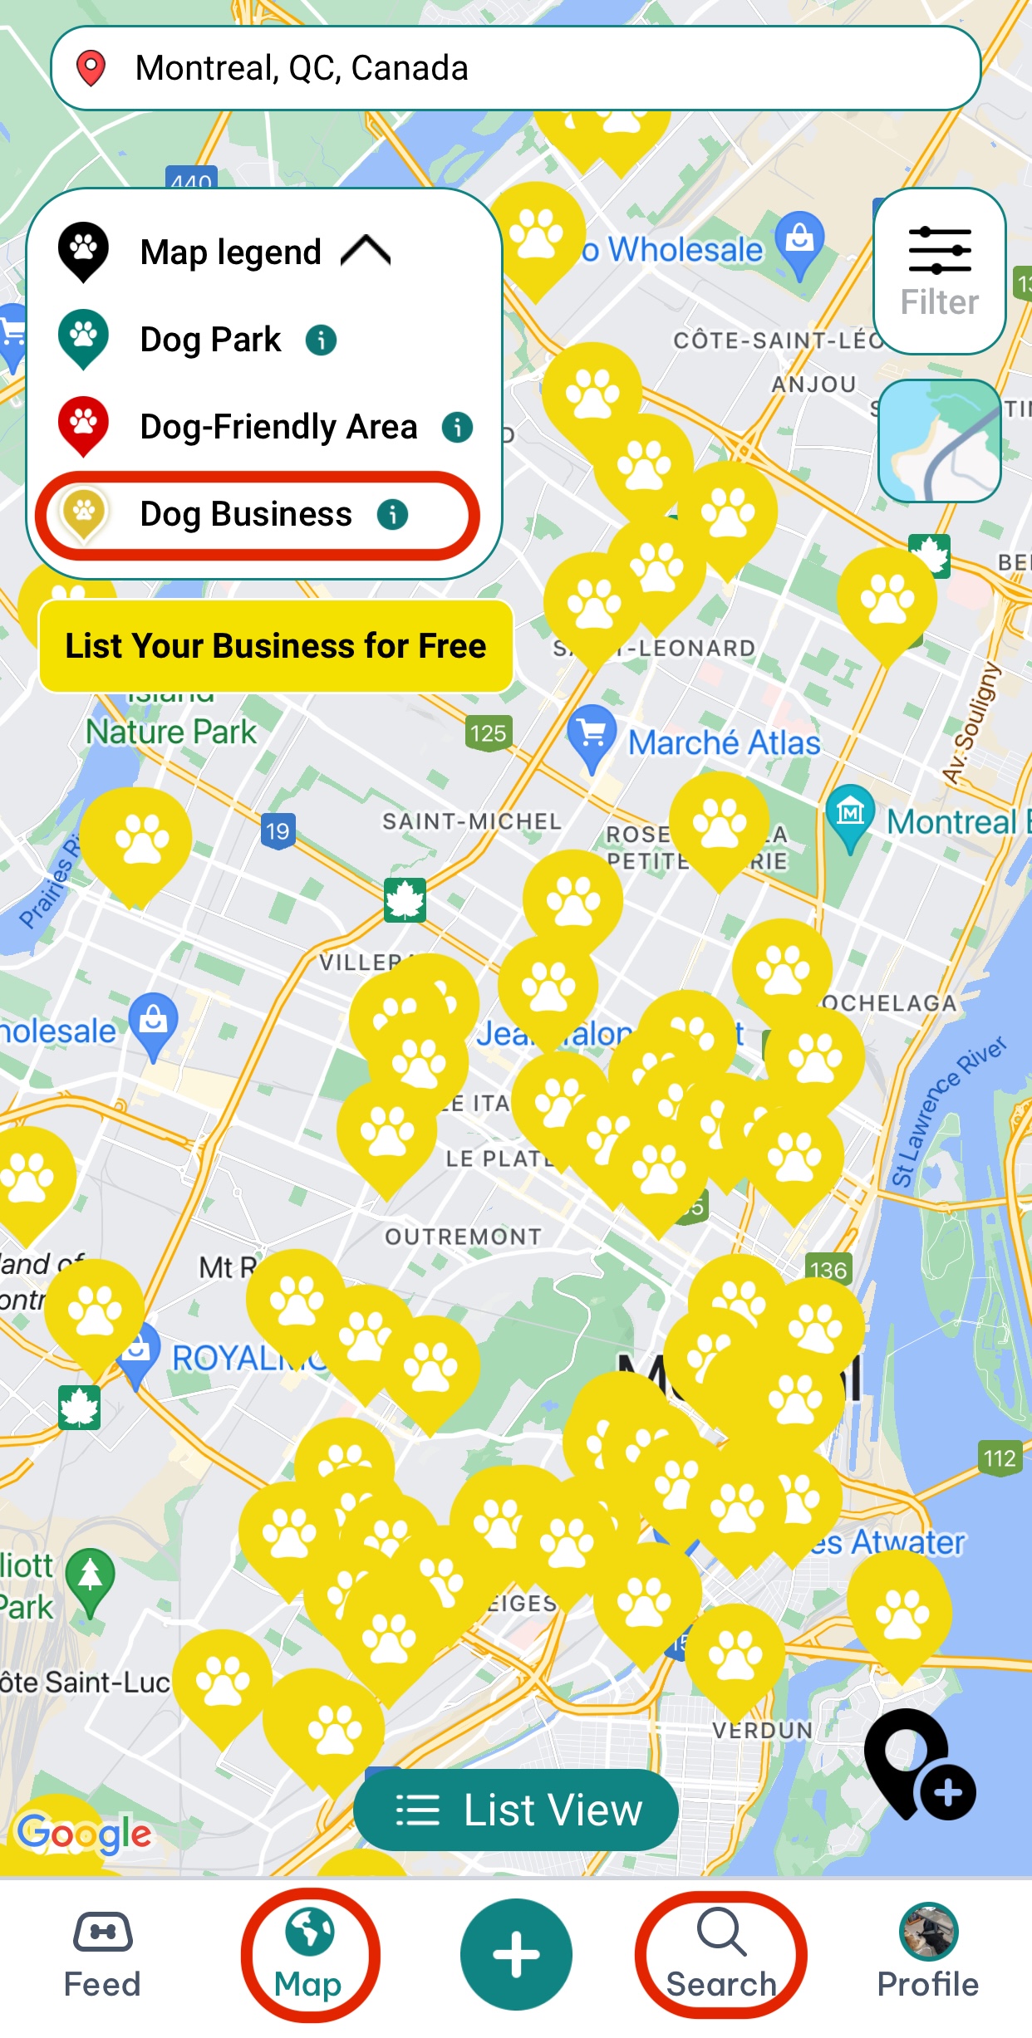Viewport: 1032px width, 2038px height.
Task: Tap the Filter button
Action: click(x=939, y=271)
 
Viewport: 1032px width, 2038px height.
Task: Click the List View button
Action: click(x=516, y=1810)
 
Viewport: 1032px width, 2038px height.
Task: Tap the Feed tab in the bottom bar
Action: click(x=102, y=1955)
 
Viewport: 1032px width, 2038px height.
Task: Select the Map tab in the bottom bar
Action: click(x=309, y=1955)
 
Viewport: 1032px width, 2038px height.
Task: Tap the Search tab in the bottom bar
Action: click(x=720, y=1955)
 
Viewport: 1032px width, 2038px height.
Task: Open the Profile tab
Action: click(x=928, y=1955)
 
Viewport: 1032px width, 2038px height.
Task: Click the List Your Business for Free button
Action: click(x=276, y=646)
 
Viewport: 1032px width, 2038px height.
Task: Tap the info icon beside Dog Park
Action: click(x=322, y=340)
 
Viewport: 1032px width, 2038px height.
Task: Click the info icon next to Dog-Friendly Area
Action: click(x=457, y=427)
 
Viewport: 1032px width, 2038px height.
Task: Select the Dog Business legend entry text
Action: click(x=246, y=514)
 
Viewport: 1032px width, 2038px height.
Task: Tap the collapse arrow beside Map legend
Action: click(x=366, y=251)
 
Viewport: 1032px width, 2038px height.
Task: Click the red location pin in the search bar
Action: click(x=91, y=68)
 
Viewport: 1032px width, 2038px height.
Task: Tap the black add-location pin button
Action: click(x=918, y=1764)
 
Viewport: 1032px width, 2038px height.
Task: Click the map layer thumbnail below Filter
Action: click(x=939, y=441)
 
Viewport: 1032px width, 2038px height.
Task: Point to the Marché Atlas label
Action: click(x=724, y=742)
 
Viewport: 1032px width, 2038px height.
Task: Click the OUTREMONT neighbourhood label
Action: click(x=463, y=1237)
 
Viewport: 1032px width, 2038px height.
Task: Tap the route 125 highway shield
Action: click(x=488, y=733)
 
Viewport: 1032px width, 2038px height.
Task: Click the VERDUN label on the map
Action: click(x=763, y=1731)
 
